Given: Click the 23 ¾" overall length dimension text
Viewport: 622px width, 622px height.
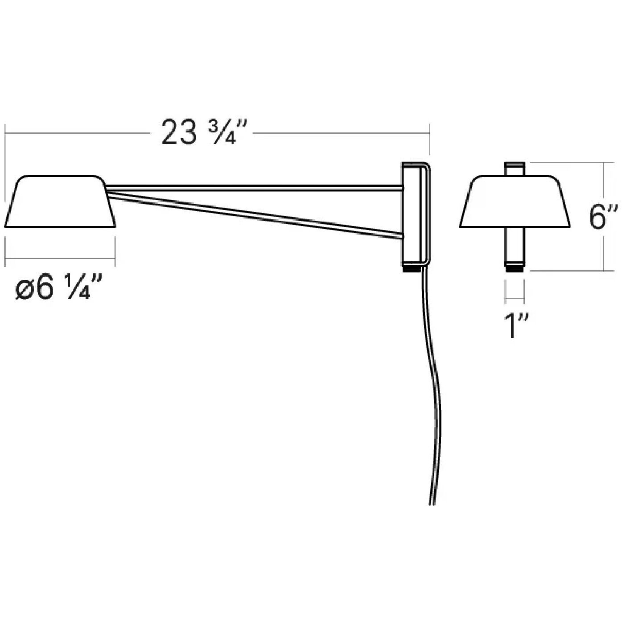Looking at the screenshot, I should tap(204, 132).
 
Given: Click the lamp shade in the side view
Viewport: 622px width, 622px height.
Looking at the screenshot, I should tap(60, 202).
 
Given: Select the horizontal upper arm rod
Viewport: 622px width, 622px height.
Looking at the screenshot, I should tap(254, 185).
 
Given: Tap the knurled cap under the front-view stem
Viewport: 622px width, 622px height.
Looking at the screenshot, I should tap(515, 268).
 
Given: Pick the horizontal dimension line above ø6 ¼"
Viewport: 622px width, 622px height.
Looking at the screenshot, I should tap(60, 257).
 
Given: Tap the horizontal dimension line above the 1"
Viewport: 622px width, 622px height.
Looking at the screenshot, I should tap(515, 299).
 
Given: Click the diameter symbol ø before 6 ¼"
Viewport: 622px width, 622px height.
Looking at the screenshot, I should tap(25, 290).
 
